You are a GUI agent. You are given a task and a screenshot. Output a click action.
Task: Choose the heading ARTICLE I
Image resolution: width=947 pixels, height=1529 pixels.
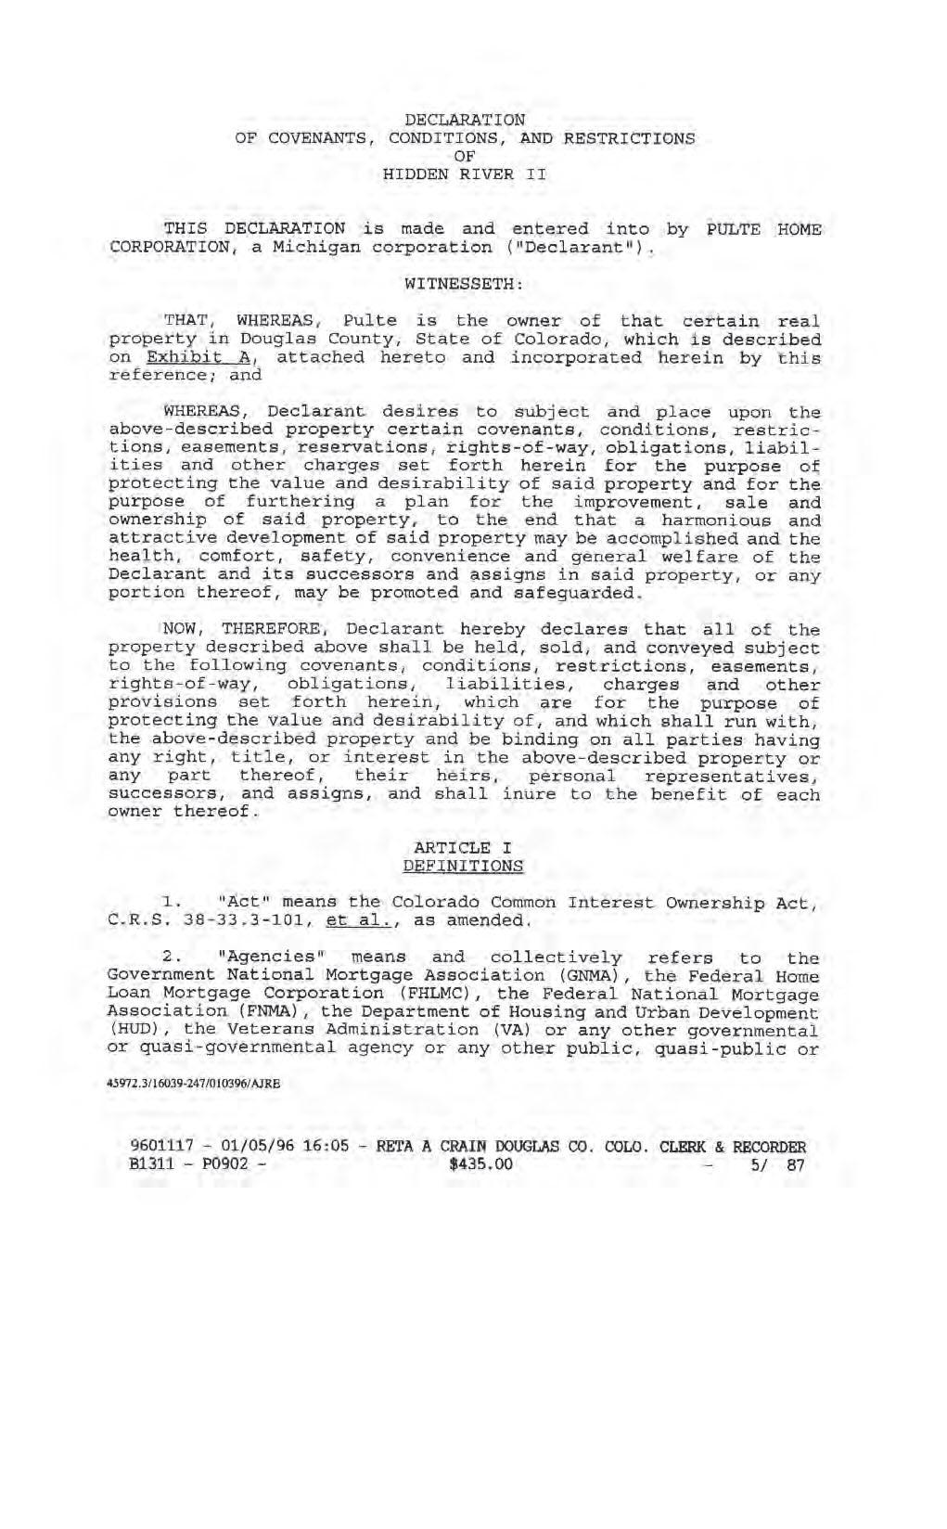(463, 847)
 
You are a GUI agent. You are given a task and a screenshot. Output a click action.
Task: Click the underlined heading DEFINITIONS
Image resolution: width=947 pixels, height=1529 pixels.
(463, 866)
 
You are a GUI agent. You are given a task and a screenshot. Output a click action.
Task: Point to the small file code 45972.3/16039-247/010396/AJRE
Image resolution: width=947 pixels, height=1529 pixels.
(194, 1082)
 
